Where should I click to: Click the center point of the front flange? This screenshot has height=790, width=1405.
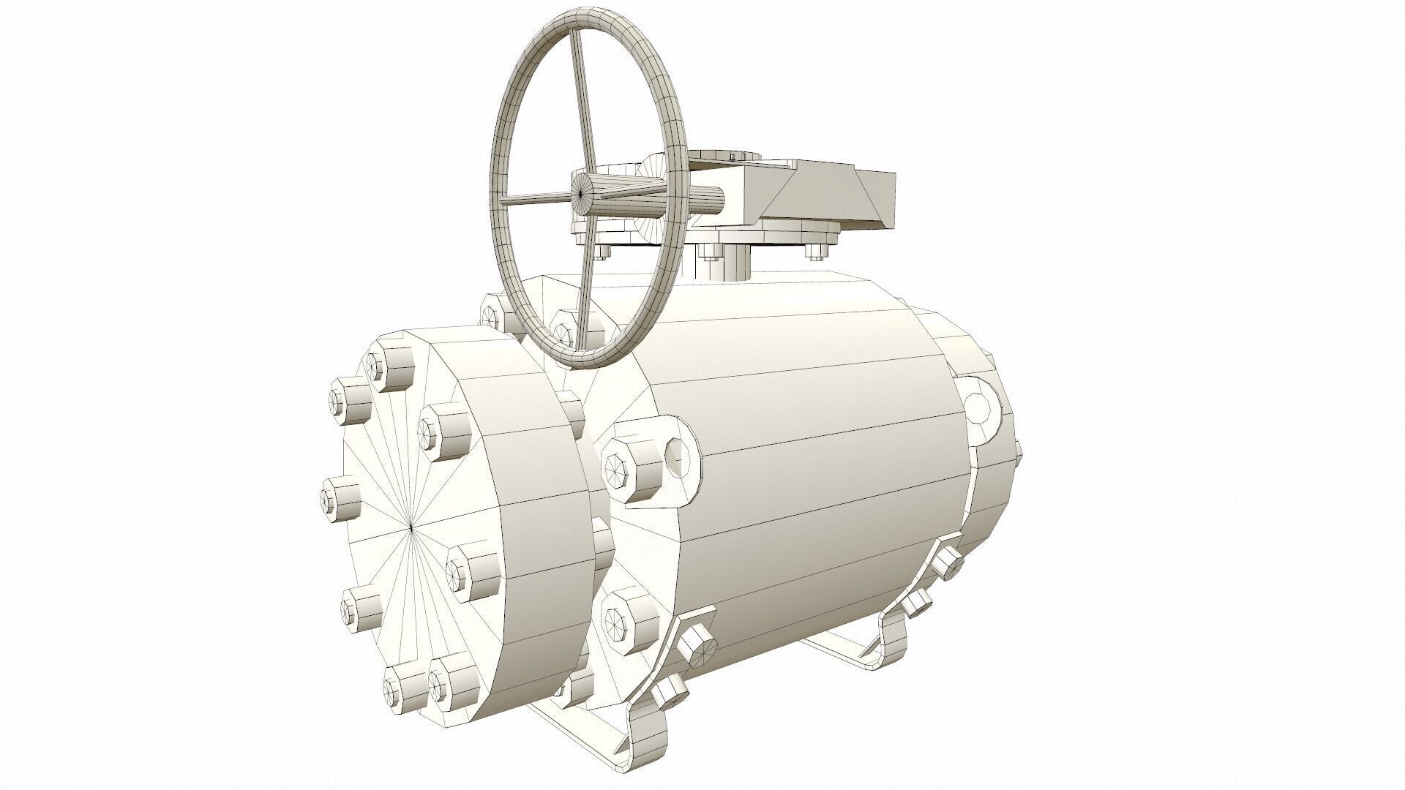pos(411,526)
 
